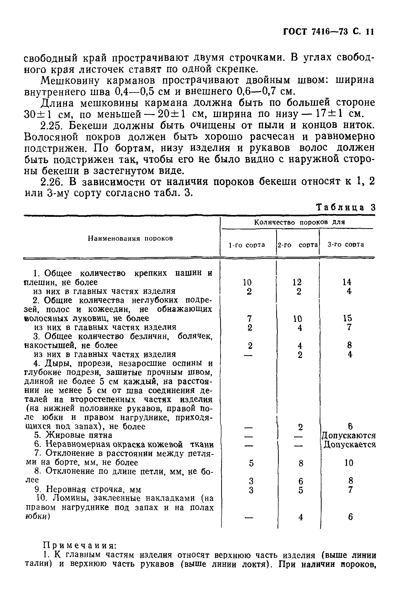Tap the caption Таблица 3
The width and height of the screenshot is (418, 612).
pyautogui.click(x=345, y=208)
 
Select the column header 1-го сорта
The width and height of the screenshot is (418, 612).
pyautogui.click(x=247, y=245)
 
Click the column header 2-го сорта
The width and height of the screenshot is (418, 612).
pyautogui.click(x=298, y=245)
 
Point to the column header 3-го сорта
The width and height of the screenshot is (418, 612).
pyautogui.click(x=345, y=245)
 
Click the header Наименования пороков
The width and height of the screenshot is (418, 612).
pyautogui.click(x=130, y=239)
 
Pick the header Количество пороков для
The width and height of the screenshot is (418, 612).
pyautogui.click(x=299, y=222)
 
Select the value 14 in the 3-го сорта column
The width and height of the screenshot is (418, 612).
pyautogui.click(x=347, y=282)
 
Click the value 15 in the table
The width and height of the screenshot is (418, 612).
pyautogui.click(x=347, y=318)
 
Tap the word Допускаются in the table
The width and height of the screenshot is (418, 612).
pyautogui.click(x=348, y=436)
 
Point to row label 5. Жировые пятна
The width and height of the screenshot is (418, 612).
pyautogui.click(x=73, y=435)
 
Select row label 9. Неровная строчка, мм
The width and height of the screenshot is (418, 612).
pyautogui.click(x=88, y=489)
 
